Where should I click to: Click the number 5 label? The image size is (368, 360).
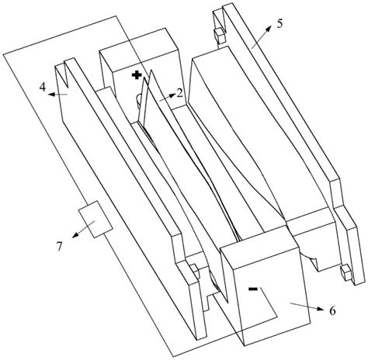point(279,24)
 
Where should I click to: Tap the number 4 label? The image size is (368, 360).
point(43,87)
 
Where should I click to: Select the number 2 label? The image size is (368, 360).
point(180,93)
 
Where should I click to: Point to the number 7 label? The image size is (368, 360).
point(59,247)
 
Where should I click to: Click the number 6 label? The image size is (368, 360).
point(332,310)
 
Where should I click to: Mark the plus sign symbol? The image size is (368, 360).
point(137,75)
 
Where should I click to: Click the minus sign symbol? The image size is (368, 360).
point(252,289)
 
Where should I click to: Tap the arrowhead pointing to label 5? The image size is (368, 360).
point(269,28)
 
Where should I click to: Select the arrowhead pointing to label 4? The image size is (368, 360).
point(51,94)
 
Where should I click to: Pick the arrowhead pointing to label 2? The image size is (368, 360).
point(172,96)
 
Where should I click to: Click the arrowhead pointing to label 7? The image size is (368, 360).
point(75,234)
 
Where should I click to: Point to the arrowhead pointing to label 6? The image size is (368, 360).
point(320,309)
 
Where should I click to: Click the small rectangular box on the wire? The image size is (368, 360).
point(95,219)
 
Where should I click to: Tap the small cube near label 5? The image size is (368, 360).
point(219,36)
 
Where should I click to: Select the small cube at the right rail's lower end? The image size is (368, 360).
point(346,272)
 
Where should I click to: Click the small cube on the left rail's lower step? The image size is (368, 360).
point(195,272)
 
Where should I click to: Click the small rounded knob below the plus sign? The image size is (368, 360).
point(139,101)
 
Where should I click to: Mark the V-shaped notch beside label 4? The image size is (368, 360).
point(64,75)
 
